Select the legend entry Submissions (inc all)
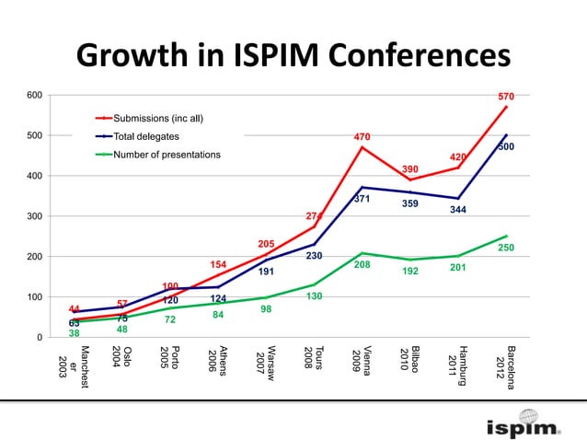[157, 118]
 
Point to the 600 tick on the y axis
[33, 95]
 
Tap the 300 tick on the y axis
[33, 216]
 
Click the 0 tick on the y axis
[39, 338]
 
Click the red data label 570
[506, 97]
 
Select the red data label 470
[363, 137]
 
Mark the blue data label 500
[506, 146]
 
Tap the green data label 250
[506, 248]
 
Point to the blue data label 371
[362, 199]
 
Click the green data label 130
[314, 296]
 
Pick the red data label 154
[218, 264]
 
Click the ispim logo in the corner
[523, 427]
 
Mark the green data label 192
[410, 272]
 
